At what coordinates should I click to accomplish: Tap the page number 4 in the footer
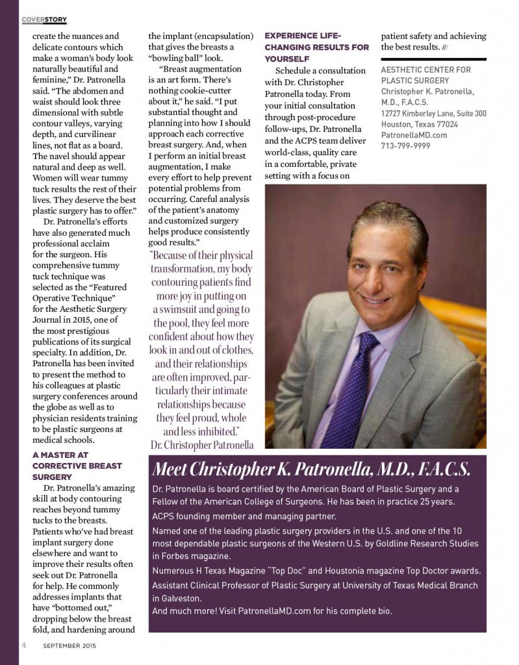click(x=23, y=646)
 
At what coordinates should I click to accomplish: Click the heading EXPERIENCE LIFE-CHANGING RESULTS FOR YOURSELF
click(x=316, y=47)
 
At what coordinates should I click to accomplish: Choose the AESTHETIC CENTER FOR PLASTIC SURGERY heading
click(x=426, y=75)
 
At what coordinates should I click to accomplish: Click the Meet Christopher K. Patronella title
click(x=310, y=469)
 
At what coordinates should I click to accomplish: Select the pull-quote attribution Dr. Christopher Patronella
click(x=201, y=445)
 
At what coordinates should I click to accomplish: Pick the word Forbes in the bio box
click(x=183, y=556)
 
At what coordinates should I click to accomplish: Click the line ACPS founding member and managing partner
click(x=244, y=516)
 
